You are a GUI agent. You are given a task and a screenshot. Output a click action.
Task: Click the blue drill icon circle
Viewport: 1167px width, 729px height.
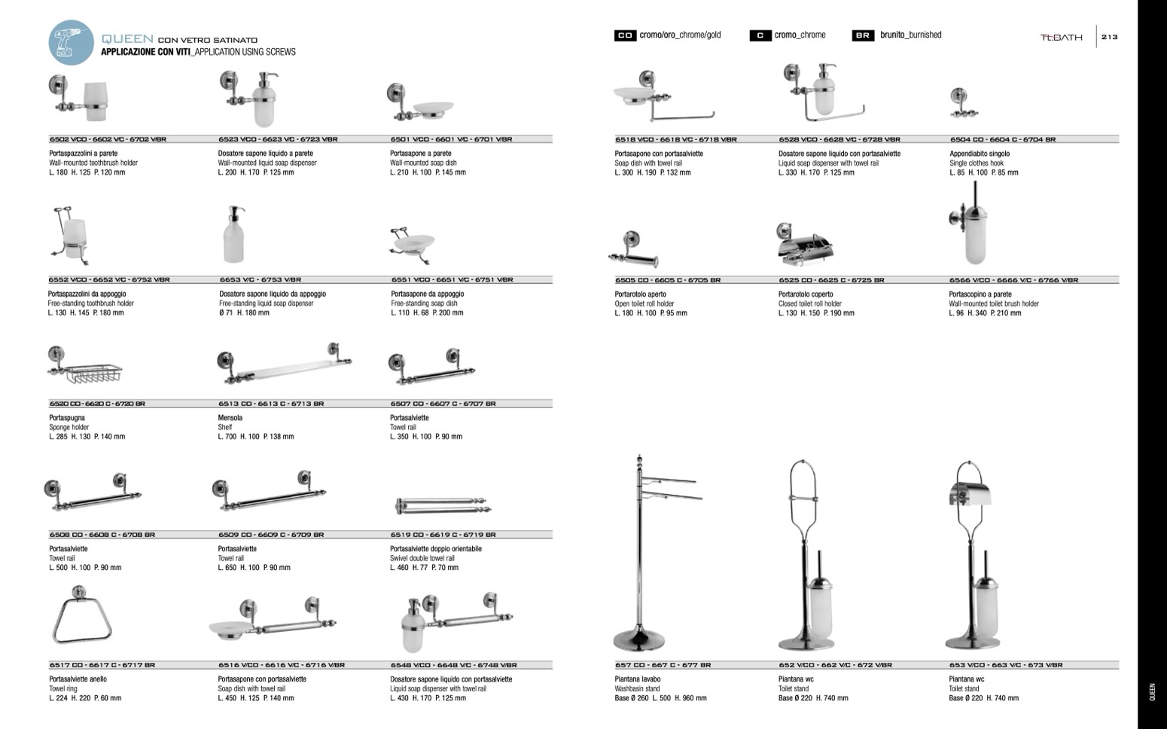tap(72, 43)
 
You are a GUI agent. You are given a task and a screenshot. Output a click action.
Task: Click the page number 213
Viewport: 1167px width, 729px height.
tap(1110, 37)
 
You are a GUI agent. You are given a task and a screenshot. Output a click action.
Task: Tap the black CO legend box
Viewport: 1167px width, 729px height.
tap(625, 35)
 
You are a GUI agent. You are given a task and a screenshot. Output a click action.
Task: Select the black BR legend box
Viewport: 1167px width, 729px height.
tap(863, 35)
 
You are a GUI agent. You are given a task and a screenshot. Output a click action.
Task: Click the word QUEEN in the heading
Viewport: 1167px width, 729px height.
tap(128, 38)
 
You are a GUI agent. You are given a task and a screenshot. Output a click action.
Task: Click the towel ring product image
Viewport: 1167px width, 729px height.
tap(81, 618)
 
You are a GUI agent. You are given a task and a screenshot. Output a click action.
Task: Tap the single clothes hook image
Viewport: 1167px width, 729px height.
tap(958, 104)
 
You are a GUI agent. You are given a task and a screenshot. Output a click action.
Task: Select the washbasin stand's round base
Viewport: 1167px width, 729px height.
tap(639, 640)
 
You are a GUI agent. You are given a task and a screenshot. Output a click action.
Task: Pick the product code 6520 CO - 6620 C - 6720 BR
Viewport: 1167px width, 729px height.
tap(97, 404)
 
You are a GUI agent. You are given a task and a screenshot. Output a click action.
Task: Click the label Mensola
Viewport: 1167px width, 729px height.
tap(230, 418)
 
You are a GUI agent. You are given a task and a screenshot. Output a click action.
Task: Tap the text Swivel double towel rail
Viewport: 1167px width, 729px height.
tap(422, 558)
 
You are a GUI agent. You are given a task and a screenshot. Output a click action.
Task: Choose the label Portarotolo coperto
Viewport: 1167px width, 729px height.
tap(806, 294)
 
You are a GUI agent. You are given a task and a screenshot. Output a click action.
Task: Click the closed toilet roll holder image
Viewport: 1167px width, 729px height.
tap(804, 244)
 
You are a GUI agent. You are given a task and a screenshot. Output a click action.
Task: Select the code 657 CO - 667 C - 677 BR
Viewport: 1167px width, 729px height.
tap(663, 665)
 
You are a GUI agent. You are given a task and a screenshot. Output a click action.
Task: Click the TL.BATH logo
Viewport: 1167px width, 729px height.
tap(1061, 37)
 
